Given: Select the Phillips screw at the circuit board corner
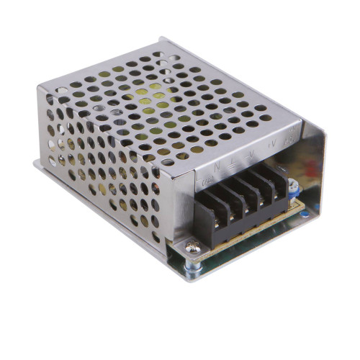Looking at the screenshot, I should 192,248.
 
